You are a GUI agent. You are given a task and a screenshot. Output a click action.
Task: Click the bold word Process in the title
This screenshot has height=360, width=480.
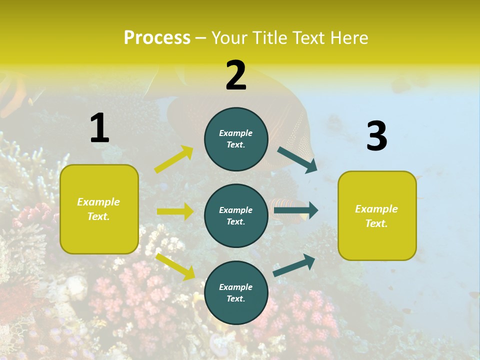tap(157, 37)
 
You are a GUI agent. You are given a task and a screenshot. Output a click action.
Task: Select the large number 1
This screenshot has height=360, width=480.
tap(99, 128)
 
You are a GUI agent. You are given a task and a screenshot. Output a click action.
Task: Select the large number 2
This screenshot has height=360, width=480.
tap(236, 75)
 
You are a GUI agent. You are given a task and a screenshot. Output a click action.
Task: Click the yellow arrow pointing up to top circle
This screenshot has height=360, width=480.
tap(173, 159)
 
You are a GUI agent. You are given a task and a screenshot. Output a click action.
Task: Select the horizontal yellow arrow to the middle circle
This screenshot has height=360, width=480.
tap(175, 211)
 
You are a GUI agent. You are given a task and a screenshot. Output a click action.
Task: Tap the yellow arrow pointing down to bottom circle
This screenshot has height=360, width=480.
tap(175, 266)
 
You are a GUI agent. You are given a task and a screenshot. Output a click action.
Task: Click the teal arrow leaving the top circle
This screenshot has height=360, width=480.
tap(297, 159)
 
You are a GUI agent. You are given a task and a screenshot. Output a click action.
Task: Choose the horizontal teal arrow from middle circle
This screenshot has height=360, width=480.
tap(295, 210)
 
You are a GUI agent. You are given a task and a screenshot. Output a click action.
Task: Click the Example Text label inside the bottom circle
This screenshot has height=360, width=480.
tap(236, 293)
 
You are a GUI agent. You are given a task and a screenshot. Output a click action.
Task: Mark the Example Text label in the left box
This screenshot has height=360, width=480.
tap(98, 209)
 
